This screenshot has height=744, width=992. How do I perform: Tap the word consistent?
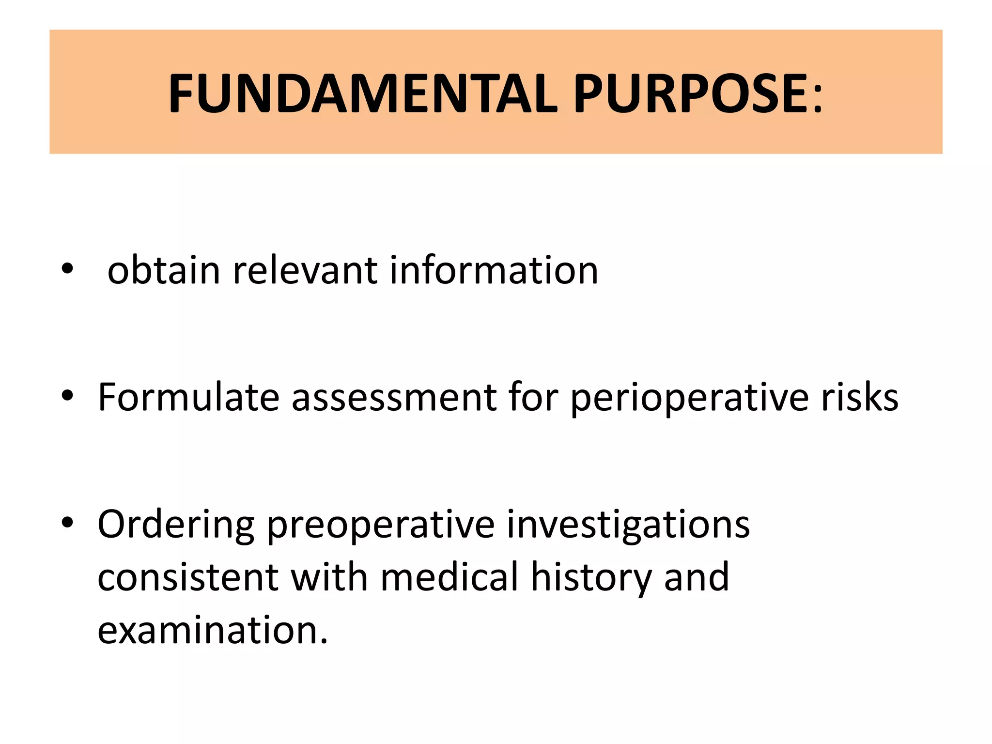coord(188,577)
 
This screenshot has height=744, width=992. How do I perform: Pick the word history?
coord(591,577)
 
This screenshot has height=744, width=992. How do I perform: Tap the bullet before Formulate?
coord(67,395)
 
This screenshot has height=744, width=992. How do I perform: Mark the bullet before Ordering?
coord(67,522)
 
